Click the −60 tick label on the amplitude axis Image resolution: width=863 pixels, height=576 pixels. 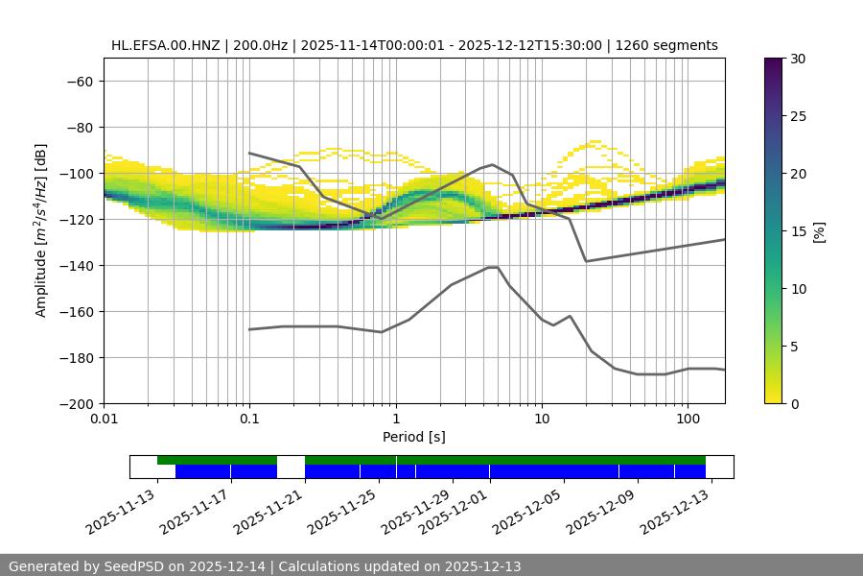78,81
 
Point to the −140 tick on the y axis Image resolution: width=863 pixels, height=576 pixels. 74,265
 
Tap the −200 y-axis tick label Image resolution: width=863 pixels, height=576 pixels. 74,403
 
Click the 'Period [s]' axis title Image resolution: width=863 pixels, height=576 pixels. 414,438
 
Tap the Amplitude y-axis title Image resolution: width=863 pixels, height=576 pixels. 41,230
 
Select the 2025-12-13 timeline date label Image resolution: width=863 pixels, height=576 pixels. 677,511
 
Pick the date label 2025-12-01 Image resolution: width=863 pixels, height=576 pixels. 455,511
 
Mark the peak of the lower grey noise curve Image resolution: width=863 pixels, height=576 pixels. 493,267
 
